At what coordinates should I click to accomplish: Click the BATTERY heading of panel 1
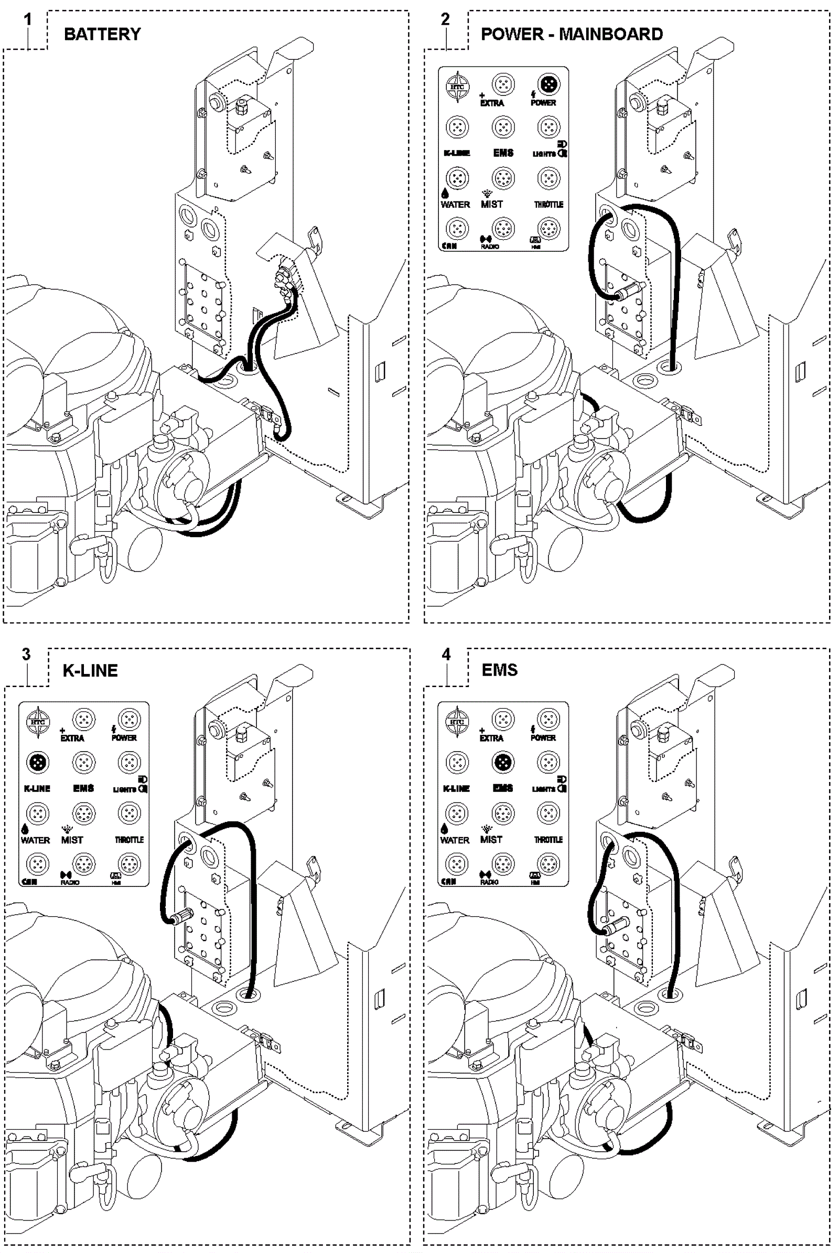pyautogui.click(x=102, y=34)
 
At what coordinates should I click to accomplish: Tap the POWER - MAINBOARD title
pyautogui.click(x=572, y=34)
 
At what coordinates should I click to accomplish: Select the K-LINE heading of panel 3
pyautogui.click(x=90, y=670)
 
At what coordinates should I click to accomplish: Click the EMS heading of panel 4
pyautogui.click(x=499, y=670)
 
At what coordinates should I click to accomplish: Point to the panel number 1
pyautogui.click(x=27, y=20)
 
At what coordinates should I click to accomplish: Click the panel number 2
pyautogui.click(x=445, y=20)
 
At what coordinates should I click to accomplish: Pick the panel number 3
pyautogui.click(x=26, y=654)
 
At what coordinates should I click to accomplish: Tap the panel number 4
pyautogui.click(x=446, y=654)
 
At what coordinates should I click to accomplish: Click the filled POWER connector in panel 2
pyautogui.click(x=548, y=84)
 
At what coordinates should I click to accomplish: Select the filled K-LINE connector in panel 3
pyautogui.click(x=37, y=763)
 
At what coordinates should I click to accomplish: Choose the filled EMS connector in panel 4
pyautogui.click(x=502, y=762)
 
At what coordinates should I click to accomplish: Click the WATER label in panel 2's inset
pyautogui.click(x=455, y=205)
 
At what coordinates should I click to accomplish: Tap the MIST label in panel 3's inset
pyautogui.click(x=72, y=840)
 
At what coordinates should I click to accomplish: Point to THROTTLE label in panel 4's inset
pyautogui.click(x=548, y=839)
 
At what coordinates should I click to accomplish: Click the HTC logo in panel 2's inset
pyautogui.click(x=457, y=87)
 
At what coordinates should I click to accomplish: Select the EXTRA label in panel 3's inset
pyautogui.click(x=72, y=738)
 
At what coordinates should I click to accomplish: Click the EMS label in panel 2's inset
pyautogui.click(x=503, y=153)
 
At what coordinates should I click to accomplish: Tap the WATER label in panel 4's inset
pyautogui.click(x=455, y=840)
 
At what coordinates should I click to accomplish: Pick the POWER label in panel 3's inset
pyautogui.click(x=124, y=737)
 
